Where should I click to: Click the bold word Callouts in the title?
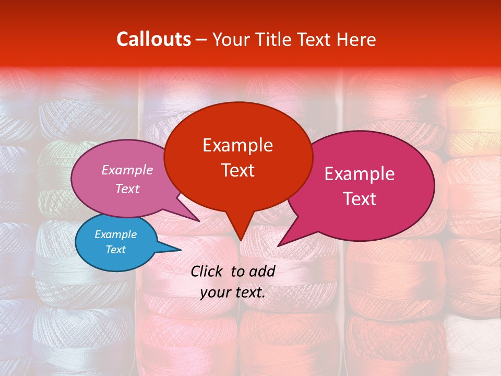pos(153,39)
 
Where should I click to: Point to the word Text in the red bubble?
pos(237,170)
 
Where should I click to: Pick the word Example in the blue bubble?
pos(115,234)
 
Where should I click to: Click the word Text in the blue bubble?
pos(115,250)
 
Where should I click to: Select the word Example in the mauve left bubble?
pos(127,170)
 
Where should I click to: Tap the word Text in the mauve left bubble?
pos(127,189)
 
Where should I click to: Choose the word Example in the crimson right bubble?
pos(359,173)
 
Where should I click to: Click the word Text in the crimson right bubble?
pos(359,198)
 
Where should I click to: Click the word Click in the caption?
pos(208,271)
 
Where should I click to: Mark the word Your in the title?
pos(230,39)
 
